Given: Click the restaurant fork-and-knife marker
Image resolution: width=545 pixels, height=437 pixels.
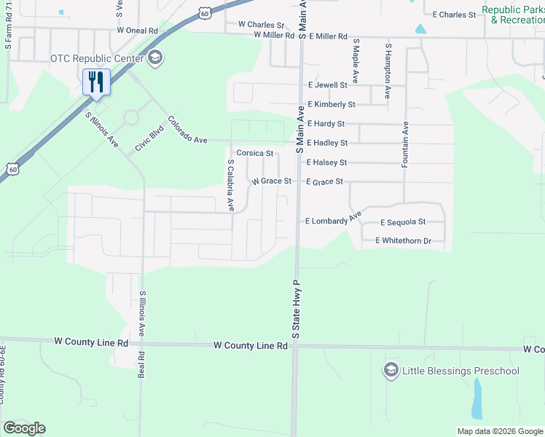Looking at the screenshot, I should [x=96, y=82].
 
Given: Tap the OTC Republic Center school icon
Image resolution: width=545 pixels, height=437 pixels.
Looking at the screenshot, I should [x=154, y=58].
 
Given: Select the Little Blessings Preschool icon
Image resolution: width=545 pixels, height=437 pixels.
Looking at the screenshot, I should [x=391, y=371].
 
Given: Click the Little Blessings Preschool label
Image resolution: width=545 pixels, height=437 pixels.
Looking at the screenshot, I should [x=461, y=371].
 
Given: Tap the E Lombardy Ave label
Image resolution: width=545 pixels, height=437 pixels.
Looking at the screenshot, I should [x=334, y=219].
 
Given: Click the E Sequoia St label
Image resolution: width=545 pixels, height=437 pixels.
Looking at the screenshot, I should [x=402, y=222].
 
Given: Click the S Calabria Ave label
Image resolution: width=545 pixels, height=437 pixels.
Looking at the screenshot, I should [x=231, y=186].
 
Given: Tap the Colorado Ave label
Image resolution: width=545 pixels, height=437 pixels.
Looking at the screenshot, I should [x=188, y=129].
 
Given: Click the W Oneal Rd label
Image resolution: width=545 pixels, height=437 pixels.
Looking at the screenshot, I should [x=137, y=31].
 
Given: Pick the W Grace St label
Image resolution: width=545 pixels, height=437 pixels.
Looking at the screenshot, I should [x=271, y=181].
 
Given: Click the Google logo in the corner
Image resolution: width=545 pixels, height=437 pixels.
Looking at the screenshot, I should [x=24, y=428].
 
